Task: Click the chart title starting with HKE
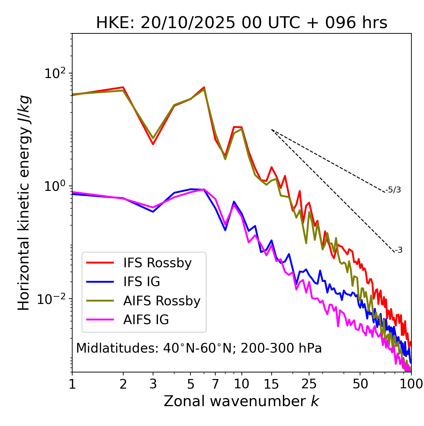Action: pyautogui.click(x=241, y=23)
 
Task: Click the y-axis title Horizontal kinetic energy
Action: pyautogui.click(x=24, y=203)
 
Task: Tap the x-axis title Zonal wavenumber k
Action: pyautogui.click(x=241, y=401)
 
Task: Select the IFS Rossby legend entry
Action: pyautogui.click(x=157, y=263)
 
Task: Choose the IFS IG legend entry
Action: pyautogui.click(x=141, y=282)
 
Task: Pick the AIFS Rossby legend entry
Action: pyautogui.click(x=162, y=301)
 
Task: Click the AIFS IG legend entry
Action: pyautogui.click(x=146, y=320)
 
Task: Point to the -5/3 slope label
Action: pyautogui.click(x=393, y=190)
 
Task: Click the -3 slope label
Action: pyautogui.click(x=398, y=250)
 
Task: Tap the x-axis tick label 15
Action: pyautogui.click(x=271, y=384)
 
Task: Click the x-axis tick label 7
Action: pyautogui.click(x=215, y=384)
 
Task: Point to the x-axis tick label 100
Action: pyautogui.click(x=411, y=384)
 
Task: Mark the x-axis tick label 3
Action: pyautogui.click(x=153, y=384)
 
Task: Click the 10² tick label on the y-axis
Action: pyautogui.click(x=56, y=73)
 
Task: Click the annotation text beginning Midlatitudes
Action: pyautogui.click(x=199, y=348)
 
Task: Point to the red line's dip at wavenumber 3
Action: pyautogui.click(x=153, y=144)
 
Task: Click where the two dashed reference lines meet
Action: pyautogui.click(x=272, y=130)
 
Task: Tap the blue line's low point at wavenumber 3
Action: pyautogui.click(x=153, y=212)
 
